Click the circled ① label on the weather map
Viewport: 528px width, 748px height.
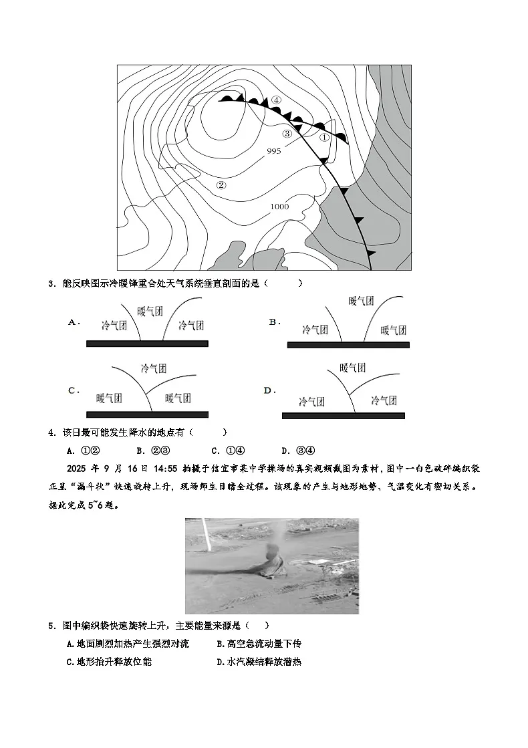point(324,137)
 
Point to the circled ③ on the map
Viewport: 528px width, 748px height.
point(287,133)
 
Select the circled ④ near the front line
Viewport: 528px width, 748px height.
point(276,100)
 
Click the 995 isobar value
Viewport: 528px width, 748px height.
point(273,151)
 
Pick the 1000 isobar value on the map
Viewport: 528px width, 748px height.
point(279,207)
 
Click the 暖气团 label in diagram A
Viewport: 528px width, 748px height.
point(150,311)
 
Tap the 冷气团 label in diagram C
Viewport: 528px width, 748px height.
point(154,368)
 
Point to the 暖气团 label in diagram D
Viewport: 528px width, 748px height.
point(352,368)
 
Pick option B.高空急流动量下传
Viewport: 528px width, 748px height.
point(259,644)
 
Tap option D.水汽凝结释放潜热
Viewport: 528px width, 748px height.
point(259,662)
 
